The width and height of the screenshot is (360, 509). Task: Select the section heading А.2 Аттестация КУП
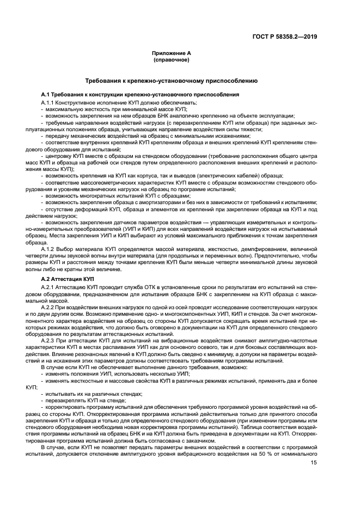pos(70,279)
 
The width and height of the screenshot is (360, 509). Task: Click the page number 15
pos(314,463)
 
